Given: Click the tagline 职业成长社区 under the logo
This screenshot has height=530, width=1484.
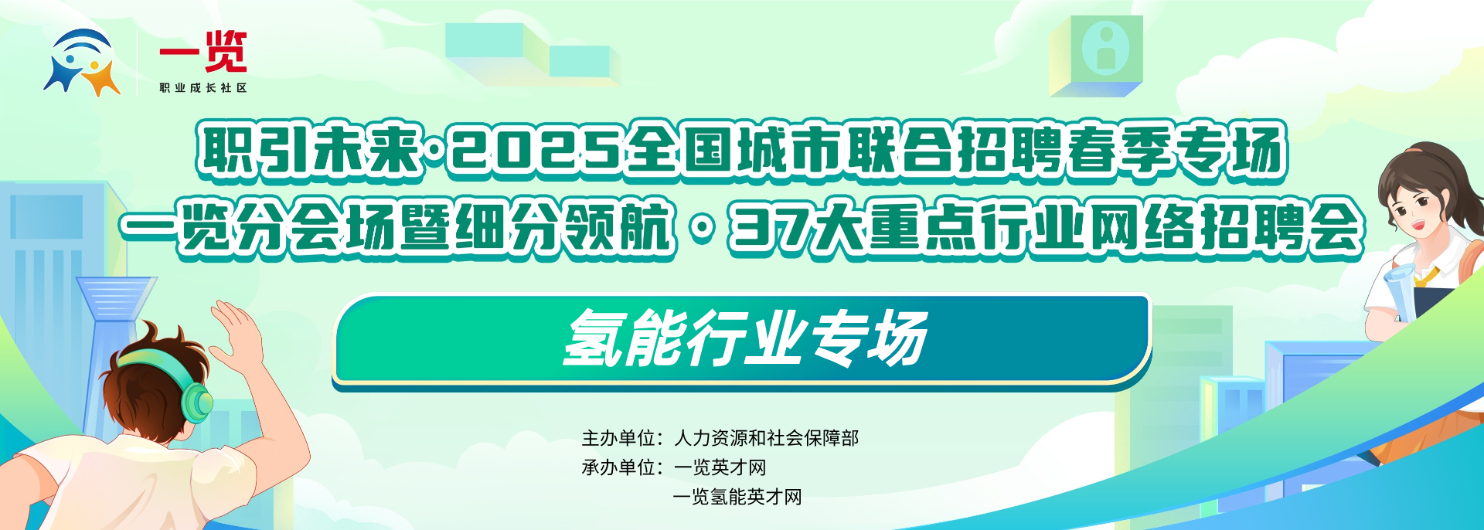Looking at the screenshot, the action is click(x=203, y=88).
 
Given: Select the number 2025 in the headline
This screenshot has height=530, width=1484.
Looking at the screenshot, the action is click(x=536, y=151).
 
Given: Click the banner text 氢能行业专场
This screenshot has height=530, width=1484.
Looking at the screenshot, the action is click(x=745, y=339).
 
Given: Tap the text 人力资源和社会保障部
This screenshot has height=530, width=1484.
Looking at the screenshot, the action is click(x=767, y=438).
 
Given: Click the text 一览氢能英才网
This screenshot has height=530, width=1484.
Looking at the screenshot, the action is click(x=738, y=497).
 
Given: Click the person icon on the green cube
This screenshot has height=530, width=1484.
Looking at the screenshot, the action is click(x=1105, y=47).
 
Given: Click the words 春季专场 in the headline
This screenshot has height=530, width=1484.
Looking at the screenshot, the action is click(x=1176, y=151).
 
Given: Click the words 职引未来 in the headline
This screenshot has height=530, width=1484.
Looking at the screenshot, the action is click(x=309, y=151).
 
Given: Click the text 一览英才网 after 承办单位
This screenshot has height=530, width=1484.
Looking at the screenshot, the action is click(x=720, y=467).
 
